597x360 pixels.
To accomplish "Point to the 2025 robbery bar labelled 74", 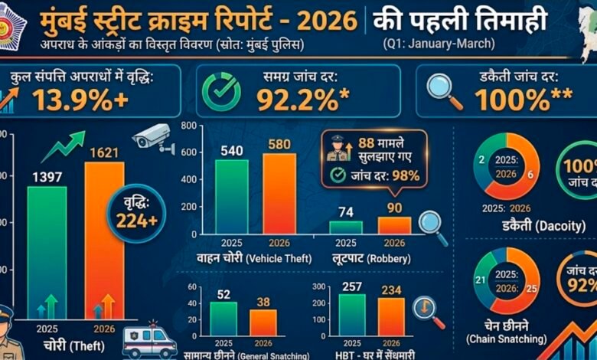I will (345, 227).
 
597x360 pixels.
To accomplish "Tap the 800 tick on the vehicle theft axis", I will (187, 124).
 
